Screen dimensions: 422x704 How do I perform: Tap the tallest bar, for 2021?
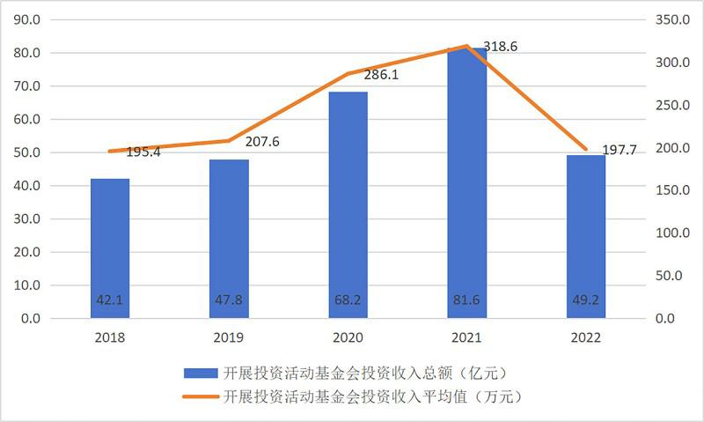pyautogui.click(x=466, y=176)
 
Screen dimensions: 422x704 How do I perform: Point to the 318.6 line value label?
pyautogui.click(x=500, y=46)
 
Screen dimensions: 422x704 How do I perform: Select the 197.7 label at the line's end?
pyautogui.click(x=620, y=151)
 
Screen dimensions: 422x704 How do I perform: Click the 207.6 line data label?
pyautogui.click(x=261, y=141)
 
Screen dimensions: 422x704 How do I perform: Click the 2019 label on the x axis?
pyautogui.click(x=229, y=337)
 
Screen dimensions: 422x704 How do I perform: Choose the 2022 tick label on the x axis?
pyautogui.click(x=585, y=337)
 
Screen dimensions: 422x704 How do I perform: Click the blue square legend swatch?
pyautogui.click(x=202, y=373)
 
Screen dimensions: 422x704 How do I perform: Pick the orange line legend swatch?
pyautogui.click(x=202, y=396)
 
